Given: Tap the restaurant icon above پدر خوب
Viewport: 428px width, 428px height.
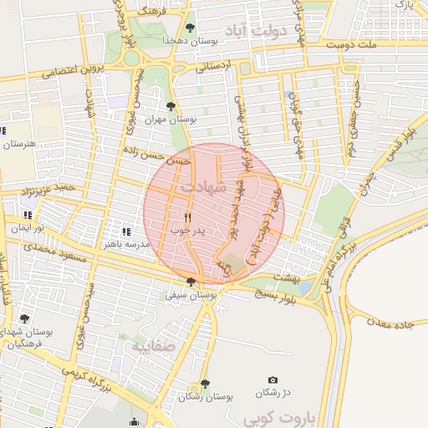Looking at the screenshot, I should (176, 217).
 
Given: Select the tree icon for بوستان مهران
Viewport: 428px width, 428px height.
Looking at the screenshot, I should (171, 106).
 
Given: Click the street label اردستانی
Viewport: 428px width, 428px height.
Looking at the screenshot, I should (212, 65).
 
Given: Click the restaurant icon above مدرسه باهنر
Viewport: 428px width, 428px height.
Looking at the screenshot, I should (126, 232).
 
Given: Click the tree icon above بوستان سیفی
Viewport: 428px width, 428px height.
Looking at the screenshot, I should (191, 282).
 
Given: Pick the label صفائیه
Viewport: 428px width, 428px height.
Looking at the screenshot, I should (150, 344).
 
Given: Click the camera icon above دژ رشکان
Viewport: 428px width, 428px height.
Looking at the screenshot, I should (273, 380).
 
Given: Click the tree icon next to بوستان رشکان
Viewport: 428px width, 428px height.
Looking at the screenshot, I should (205, 384).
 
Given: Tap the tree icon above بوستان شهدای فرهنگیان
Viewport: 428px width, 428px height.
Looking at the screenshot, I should (24, 318).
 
